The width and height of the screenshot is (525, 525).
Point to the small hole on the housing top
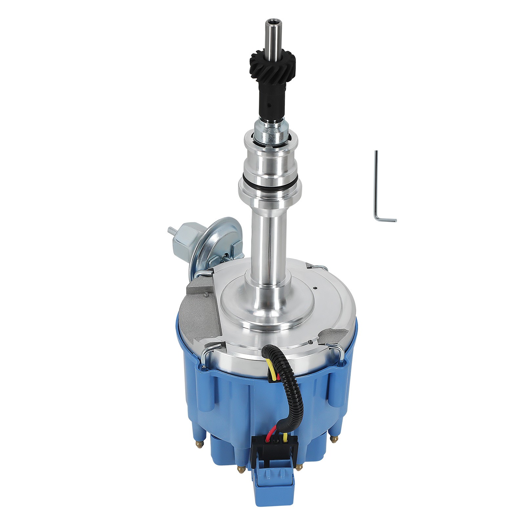[x=314, y=288]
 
